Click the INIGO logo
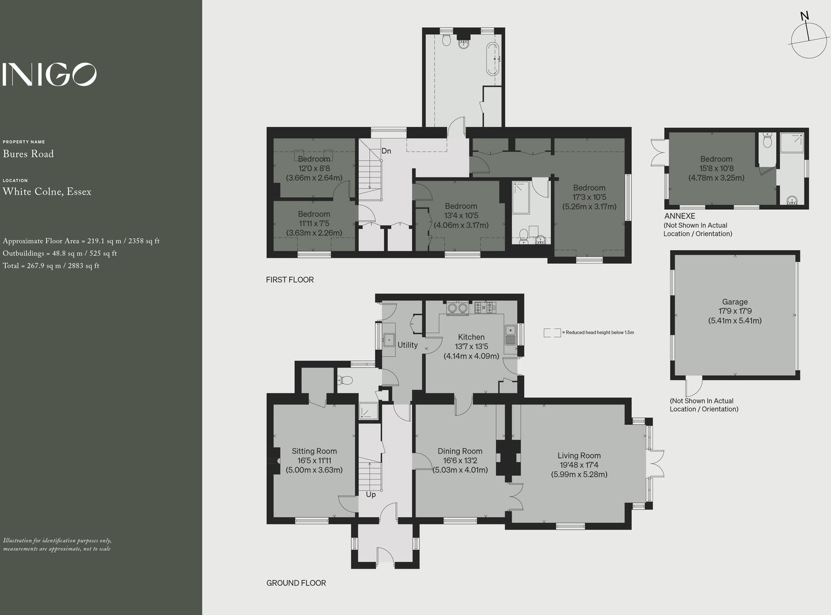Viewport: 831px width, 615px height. tap(49, 74)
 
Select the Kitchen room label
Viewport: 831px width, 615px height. tap(471, 337)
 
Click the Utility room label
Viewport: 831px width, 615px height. tap(407, 345)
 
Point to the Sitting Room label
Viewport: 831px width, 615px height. tap(314, 451)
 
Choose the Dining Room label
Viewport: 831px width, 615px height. tap(460, 451)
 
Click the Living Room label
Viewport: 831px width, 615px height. tap(579, 455)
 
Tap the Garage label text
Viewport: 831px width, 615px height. tap(735, 301)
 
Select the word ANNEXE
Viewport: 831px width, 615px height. tap(680, 216)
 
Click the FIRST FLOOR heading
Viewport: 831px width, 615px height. tap(290, 280)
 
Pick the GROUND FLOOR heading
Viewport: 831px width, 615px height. tap(296, 583)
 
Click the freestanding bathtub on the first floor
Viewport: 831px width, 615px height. tap(492, 59)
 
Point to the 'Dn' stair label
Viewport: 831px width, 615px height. tap(386, 151)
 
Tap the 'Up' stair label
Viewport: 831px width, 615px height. tap(370, 495)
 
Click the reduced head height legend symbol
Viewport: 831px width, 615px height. tap(552, 333)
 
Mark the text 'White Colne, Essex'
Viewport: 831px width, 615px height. tap(47, 191)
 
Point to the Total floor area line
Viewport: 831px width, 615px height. tap(51, 266)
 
